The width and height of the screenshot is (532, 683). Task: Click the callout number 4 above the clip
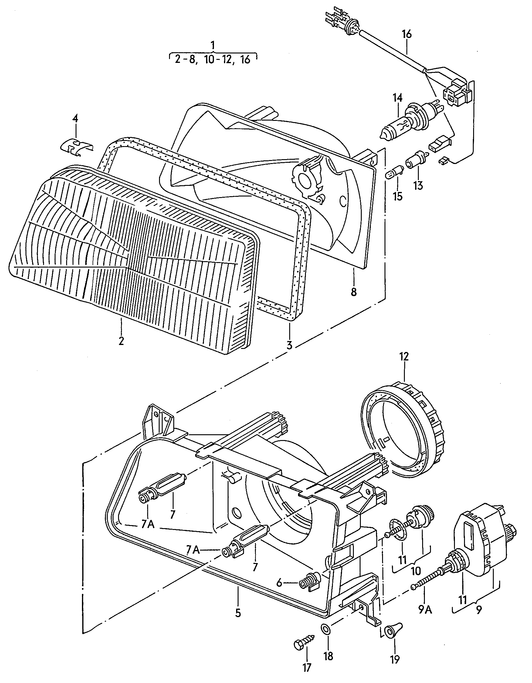coord(75,119)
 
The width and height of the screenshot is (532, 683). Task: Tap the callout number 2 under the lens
coord(121,340)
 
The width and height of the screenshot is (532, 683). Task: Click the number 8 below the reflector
coord(354,292)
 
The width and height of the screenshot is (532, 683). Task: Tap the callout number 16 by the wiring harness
coord(407,34)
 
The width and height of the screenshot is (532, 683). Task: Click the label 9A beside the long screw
coord(425,610)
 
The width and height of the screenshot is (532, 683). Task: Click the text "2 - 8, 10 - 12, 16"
coord(212,59)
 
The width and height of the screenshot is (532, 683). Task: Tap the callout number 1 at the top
coord(213,46)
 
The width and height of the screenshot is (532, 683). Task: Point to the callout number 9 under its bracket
coord(479,610)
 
